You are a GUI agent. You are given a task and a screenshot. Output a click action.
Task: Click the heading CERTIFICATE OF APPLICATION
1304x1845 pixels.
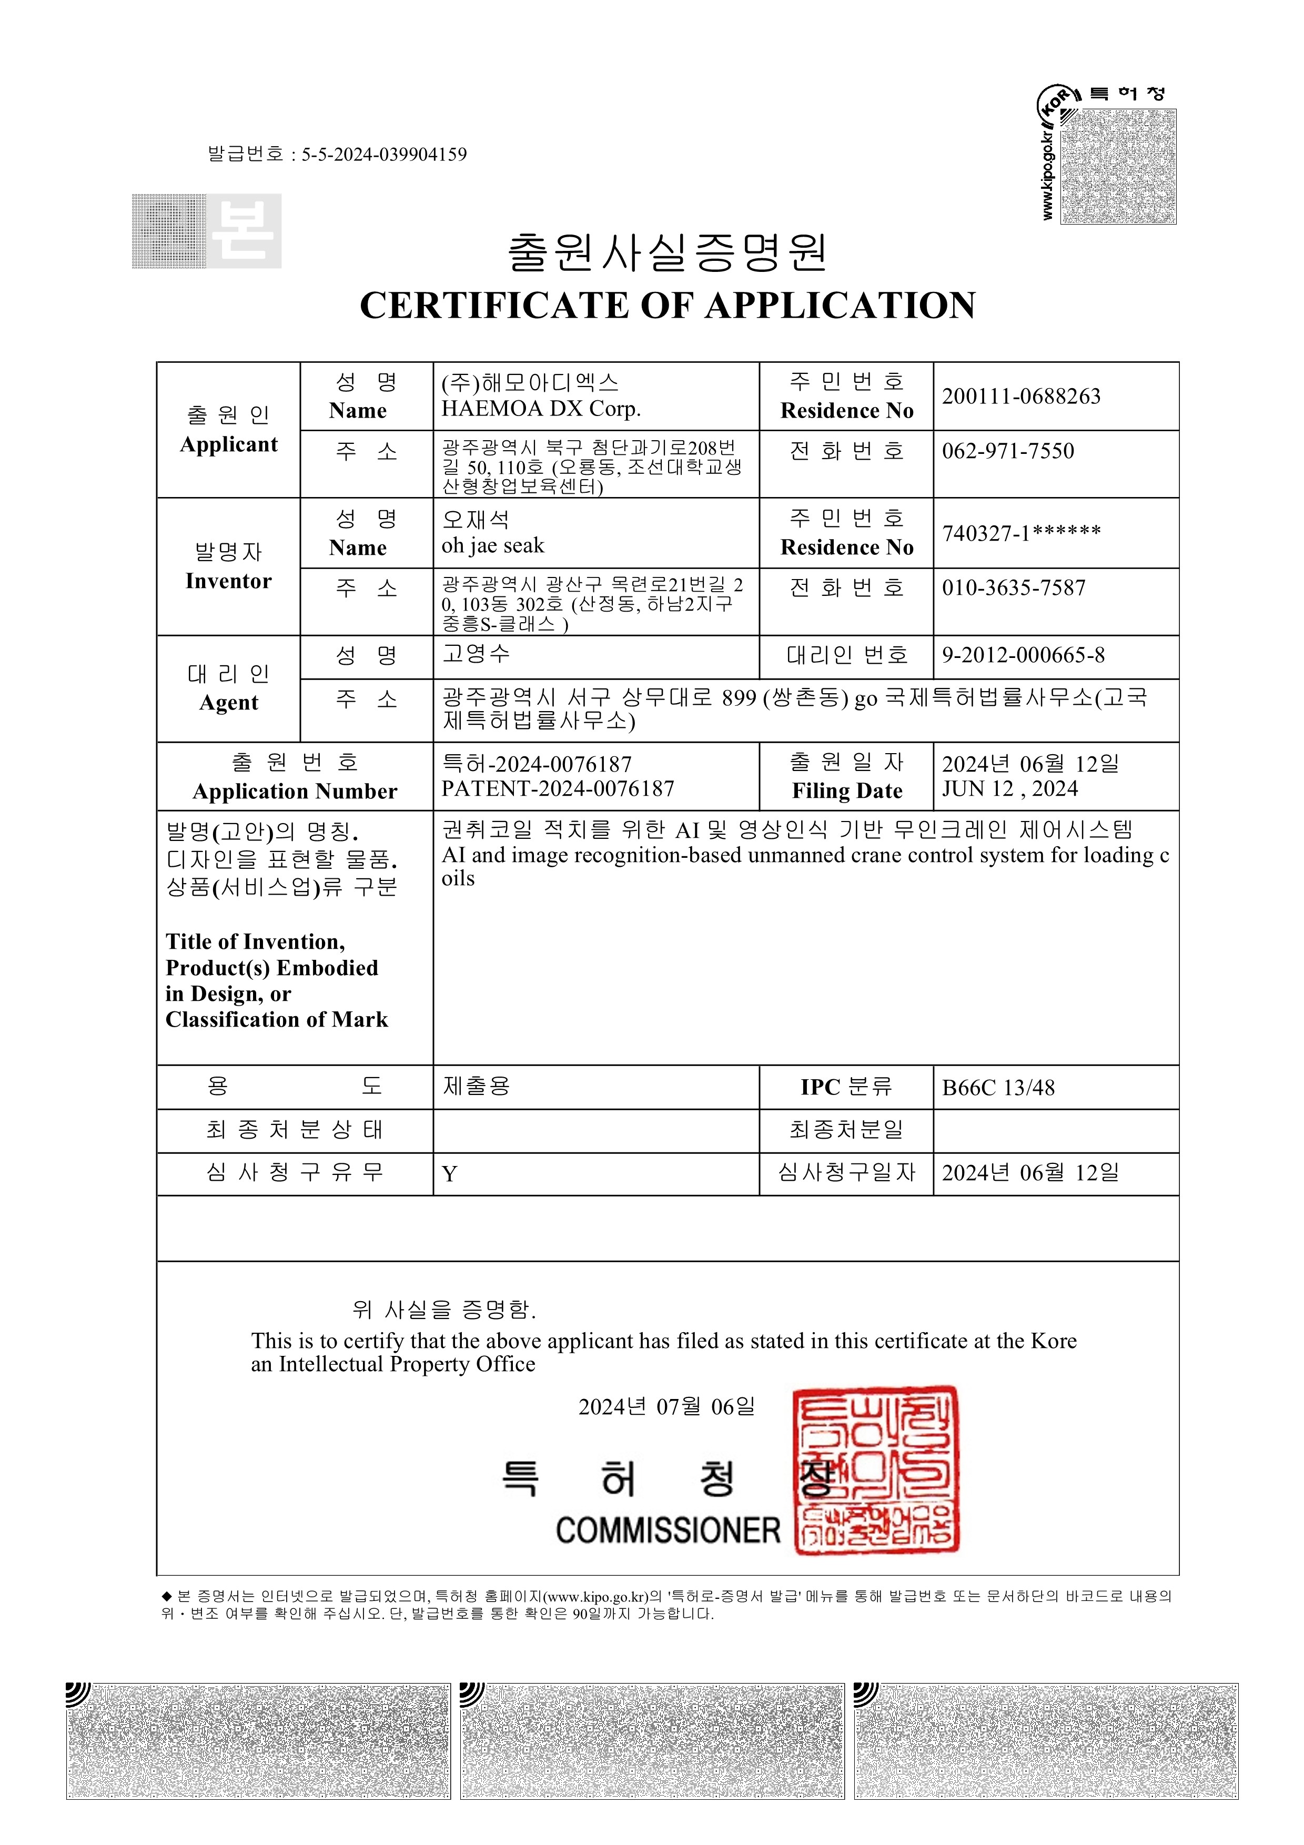667,306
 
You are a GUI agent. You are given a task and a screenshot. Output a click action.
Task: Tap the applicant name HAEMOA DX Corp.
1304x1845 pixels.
541,409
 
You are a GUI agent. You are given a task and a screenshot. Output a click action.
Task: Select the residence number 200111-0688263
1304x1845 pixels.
1020,396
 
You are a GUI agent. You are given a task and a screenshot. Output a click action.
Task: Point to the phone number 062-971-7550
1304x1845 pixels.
1007,451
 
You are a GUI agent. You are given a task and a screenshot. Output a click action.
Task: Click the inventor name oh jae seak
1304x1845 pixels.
492,545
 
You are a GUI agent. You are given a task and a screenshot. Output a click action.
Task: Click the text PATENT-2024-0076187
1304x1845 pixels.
558,789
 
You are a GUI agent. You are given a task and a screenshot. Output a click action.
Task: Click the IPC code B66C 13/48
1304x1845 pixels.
998,1088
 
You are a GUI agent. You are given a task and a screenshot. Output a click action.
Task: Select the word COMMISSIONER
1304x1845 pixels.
668,1531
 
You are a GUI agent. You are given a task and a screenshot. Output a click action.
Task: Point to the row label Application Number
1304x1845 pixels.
295,792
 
